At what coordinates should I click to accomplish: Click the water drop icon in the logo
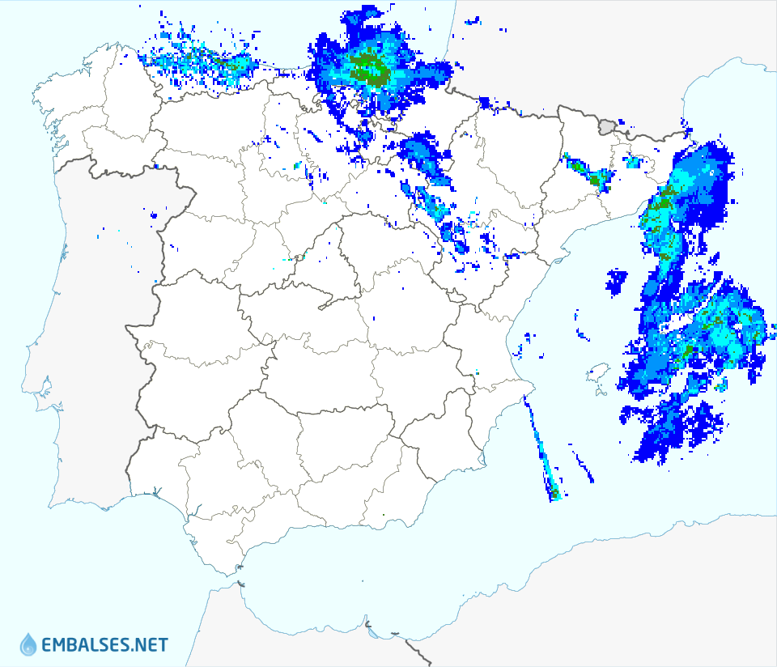pyautogui.click(x=28, y=644)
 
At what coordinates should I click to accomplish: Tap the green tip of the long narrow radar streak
pyautogui.click(x=555, y=493)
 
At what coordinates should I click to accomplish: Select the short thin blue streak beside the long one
pyautogui.click(x=584, y=467)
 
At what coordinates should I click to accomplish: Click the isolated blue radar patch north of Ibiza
pyautogui.click(x=617, y=281)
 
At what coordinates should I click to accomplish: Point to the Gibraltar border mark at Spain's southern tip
pyautogui.click(x=240, y=582)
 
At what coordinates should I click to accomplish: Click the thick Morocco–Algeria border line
pyautogui.click(x=421, y=652)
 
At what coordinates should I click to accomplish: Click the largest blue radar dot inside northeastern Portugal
pyautogui.click(x=154, y=215)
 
